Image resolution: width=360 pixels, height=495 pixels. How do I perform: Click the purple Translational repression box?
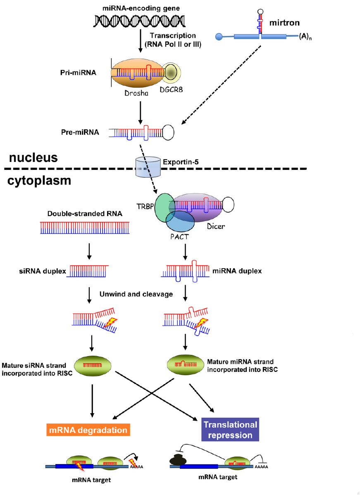point(230,430)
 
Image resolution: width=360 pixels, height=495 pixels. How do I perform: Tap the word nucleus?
point(33,158)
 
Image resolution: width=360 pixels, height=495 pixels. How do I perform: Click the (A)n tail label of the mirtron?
point(305,37)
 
